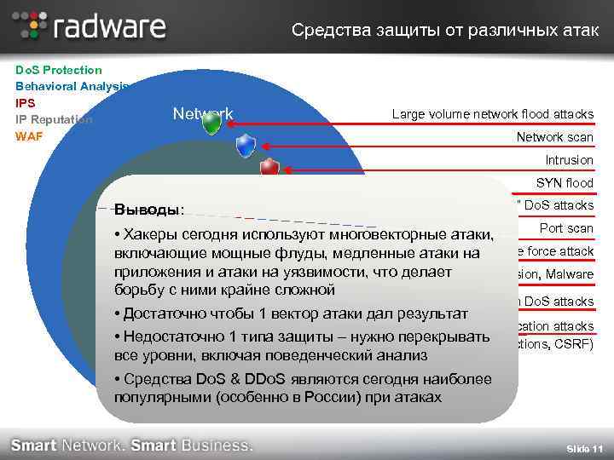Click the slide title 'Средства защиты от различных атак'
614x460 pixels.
coord(444,31)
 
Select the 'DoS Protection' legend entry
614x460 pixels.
coord(58,70)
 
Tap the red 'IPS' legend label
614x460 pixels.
coord(25,102)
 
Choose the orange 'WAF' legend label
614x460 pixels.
coord(28,135)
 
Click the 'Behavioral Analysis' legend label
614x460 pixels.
coord(71,86)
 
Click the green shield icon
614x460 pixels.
coord(211,124)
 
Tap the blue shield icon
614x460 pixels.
coord(246,146)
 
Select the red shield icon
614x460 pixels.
coord(269,167)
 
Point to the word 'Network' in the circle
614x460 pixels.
coord(202,113)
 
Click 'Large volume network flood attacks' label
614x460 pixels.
coord(492,114)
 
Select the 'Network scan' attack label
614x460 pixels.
coord(554,137)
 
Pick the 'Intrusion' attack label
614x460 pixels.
coord(569,160)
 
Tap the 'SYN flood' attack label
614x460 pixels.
coord(564,183)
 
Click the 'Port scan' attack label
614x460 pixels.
coord(566,228)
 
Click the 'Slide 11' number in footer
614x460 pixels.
coord(585,449)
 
